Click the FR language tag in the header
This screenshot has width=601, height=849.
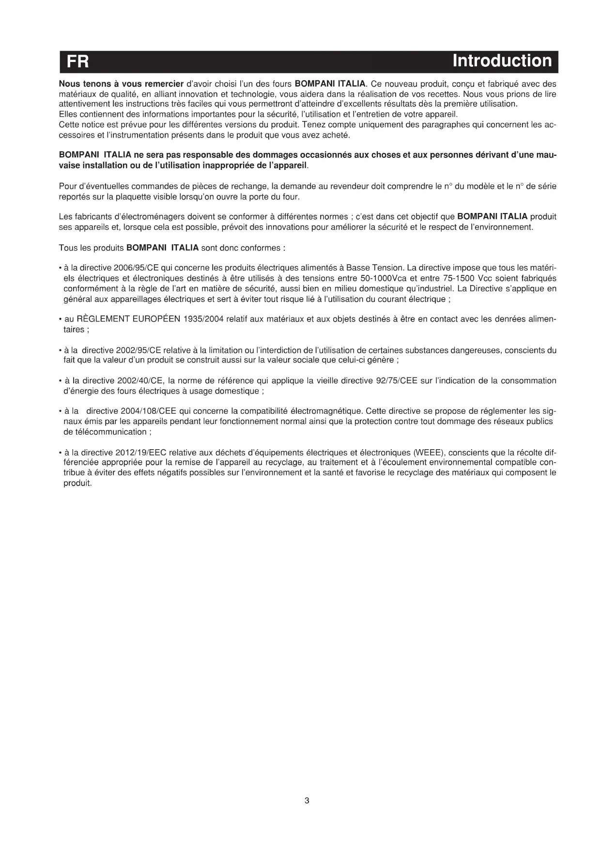click(x=78, y=61)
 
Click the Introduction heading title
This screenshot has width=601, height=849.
click(x=502, y=61)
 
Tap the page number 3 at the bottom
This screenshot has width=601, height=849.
click(x=307, y=801)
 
